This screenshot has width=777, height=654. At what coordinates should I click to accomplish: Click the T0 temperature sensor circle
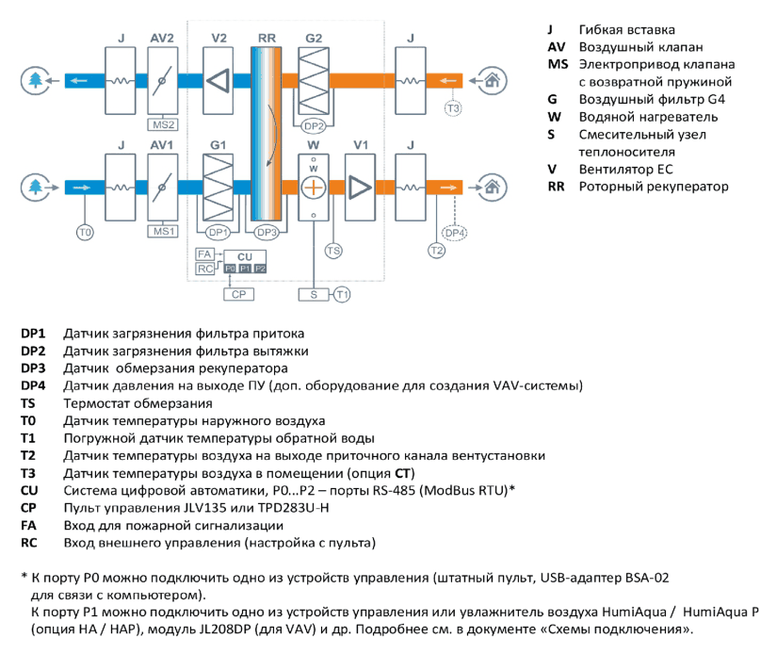click(x=85, y=232)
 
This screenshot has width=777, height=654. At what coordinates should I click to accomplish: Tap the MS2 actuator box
click(x=163, y=124)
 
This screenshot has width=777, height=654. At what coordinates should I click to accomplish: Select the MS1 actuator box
click(x=163, y=232)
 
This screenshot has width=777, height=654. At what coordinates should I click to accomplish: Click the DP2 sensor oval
click(x=314, y=126)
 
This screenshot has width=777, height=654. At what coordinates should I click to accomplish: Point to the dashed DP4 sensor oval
click(x=454, y=233)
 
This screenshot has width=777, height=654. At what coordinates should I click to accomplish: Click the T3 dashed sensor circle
click(x=453, y=108)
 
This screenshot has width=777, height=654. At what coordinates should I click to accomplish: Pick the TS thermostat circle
click(x=333, y=251)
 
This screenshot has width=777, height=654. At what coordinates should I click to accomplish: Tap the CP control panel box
click(x=238, y=294)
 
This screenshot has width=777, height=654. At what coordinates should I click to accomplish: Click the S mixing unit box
click(x=314, y=295)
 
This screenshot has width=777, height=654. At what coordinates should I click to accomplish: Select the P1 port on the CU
click(x=245, y=269)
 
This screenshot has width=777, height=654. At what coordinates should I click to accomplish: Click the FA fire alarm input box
click(x=204, y=254)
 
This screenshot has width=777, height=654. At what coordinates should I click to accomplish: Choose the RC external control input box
click(x=204, y=269)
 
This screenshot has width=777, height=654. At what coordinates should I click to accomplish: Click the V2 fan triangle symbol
click(x=219, y=80)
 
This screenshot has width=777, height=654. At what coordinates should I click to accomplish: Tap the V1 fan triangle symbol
click(x=360, y=188)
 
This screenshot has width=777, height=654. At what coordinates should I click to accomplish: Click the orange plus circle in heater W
click(x=314, y=188)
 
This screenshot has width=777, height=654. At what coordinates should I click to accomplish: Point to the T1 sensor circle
click(x=342, y=295)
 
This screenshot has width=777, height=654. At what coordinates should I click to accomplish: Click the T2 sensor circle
click(x=436, y=251)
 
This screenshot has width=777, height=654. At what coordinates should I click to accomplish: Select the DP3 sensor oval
click(x=267, y=232)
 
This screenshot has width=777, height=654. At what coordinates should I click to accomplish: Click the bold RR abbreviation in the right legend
click(x=556, y=187)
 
